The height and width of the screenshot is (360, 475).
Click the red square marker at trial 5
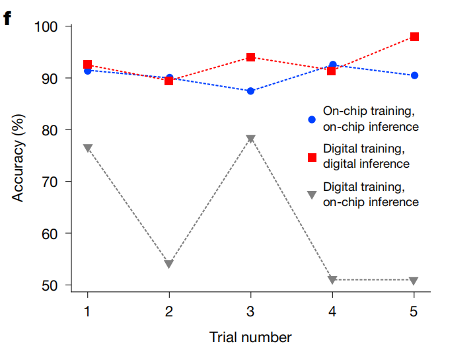coord(414,37)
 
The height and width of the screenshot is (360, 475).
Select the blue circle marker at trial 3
coord(250,91)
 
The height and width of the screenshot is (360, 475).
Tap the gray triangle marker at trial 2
coord(168,264)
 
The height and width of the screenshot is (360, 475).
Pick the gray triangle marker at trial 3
coord(250,139)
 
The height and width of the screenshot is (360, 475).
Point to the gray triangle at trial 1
coord(87,148)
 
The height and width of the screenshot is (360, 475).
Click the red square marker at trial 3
coord(250,57)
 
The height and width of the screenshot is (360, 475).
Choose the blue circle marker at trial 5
coord(414,75)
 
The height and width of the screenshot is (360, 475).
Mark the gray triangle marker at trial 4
coord(332,280)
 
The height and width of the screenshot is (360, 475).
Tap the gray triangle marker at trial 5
coord(414,281)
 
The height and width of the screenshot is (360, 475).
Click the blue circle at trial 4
coord(332,65)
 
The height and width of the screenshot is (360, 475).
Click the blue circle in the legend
coord(312,120)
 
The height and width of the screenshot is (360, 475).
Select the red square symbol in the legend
coord(312,157)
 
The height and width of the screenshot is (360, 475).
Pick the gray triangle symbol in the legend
coord(312,194)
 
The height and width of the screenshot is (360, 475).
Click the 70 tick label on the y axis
coord(51,182)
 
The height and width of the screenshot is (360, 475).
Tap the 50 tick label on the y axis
coord(51,285)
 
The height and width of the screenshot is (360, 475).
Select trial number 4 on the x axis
coord(332,312)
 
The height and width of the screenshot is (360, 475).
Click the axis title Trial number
coord(250,338)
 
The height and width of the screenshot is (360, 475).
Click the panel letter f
coord(8,18)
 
